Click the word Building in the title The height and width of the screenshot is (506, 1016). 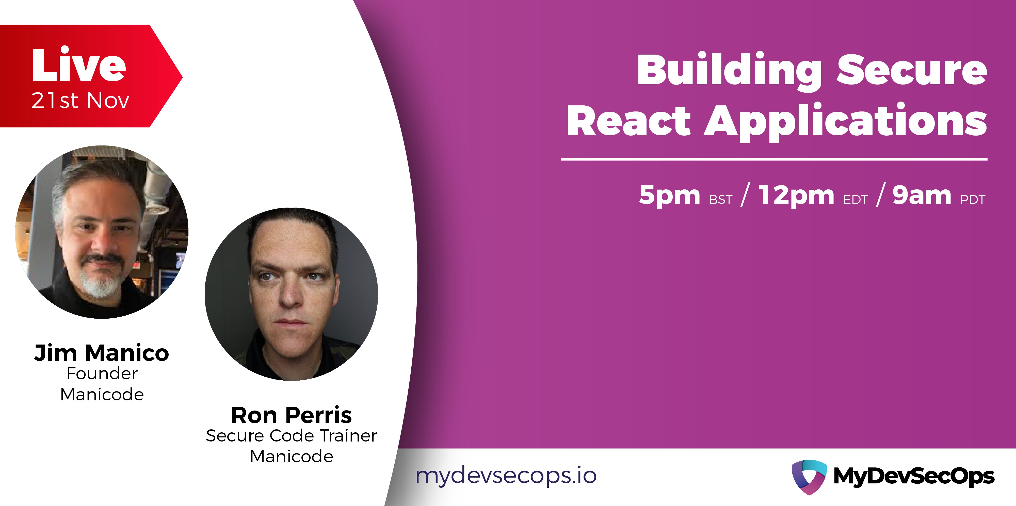(729, 71)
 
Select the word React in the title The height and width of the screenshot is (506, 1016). (629, 120)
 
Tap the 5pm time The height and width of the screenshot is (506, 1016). (669, 195)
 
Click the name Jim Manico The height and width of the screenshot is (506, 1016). (102, 353)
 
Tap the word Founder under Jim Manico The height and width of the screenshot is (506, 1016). (102, 373)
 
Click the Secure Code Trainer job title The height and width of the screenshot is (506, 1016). (292, 436)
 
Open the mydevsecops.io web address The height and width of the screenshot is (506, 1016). (506, 476)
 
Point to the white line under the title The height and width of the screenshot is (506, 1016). (774, 159)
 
